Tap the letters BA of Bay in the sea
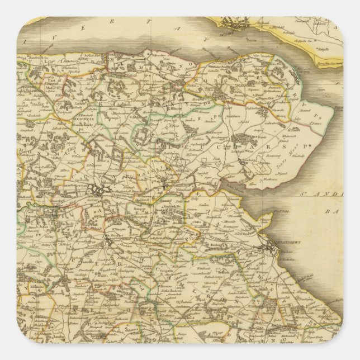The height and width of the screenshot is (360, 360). click(335, 211)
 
